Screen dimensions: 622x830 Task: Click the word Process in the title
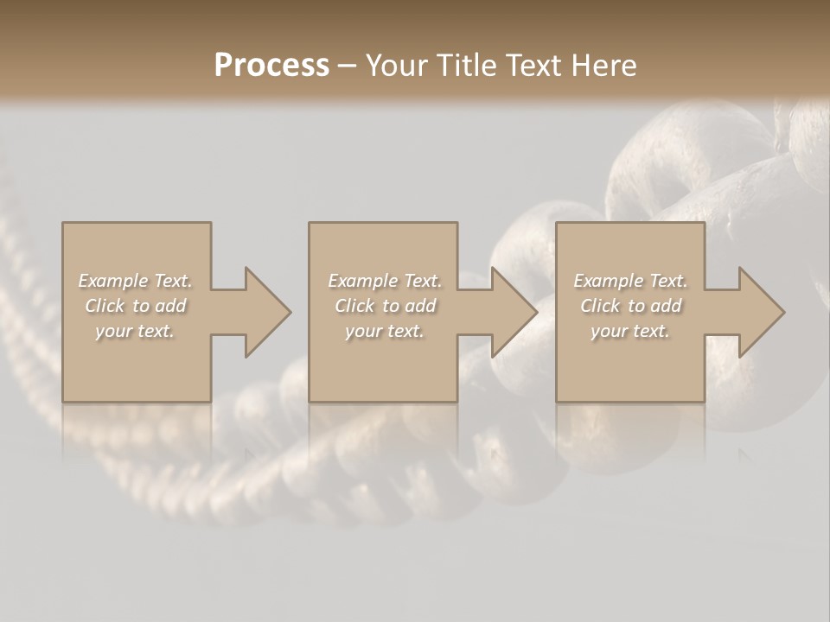pos(271,65)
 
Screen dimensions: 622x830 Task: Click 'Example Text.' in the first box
pos(135,281)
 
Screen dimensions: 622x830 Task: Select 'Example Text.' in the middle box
pos(385,281)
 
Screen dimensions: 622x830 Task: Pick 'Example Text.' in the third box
pos(630,281)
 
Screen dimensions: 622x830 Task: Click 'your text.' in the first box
pos(135,331)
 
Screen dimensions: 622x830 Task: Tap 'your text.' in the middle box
pos(385,331)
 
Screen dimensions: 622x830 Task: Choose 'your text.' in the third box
pos(630,331)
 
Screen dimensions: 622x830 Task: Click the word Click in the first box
pos(105,306)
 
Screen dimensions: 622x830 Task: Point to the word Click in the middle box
pos(354,306)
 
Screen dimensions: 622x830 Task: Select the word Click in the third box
pos(600,306)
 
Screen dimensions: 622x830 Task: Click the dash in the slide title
pos(347,66)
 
